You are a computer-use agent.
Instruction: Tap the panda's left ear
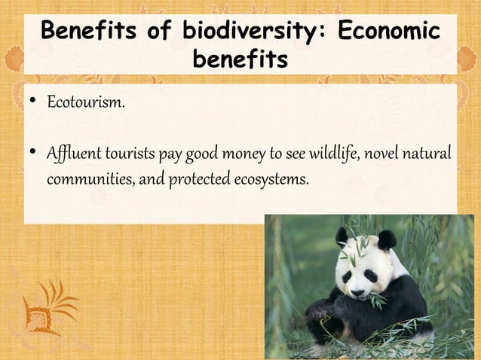point(342,236)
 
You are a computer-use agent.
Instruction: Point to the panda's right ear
point(388,240)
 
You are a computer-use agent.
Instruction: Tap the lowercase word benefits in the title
point(240,59)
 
